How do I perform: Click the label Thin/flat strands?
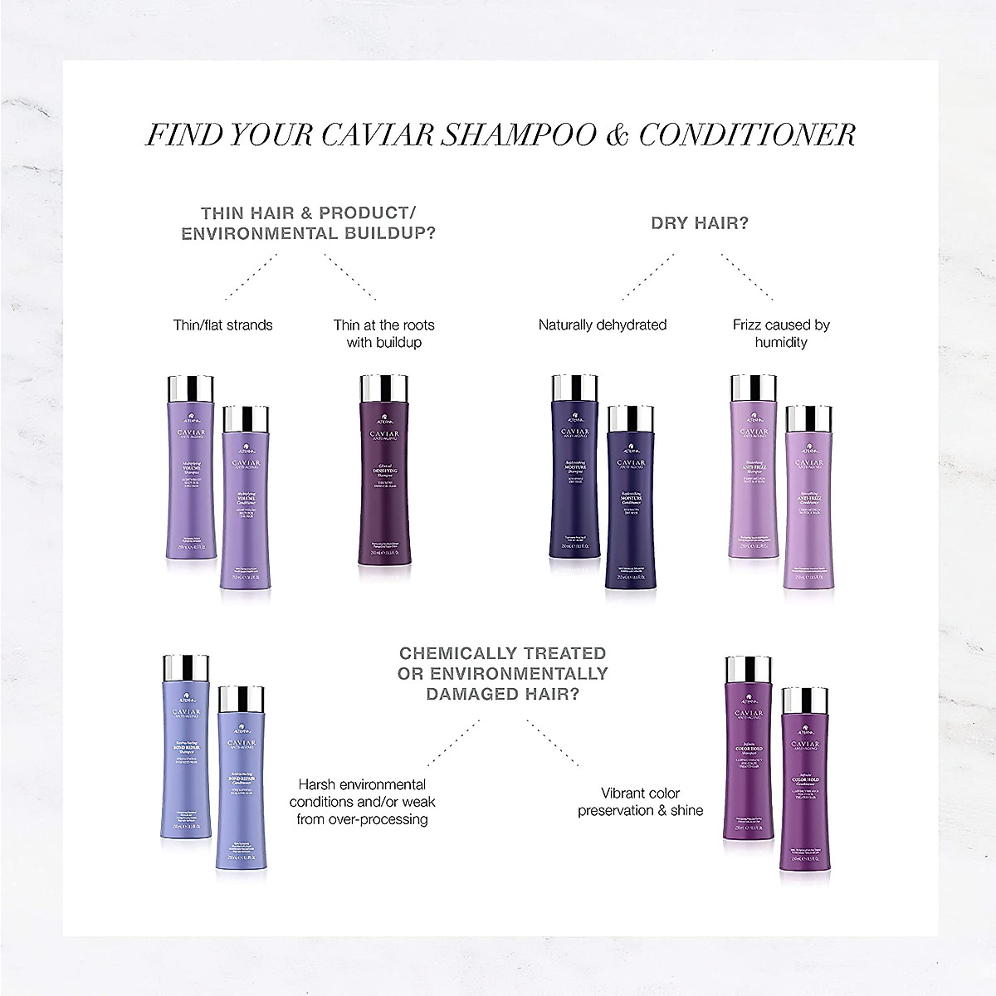[222, 325]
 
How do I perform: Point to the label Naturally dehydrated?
[603, 325]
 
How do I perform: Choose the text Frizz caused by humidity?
[781, 333]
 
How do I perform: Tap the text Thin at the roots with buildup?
[383, 333]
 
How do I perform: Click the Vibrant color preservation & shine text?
[640, 801]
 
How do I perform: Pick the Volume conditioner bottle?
[246, 506]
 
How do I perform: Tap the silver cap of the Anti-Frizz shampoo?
[752, 388]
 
